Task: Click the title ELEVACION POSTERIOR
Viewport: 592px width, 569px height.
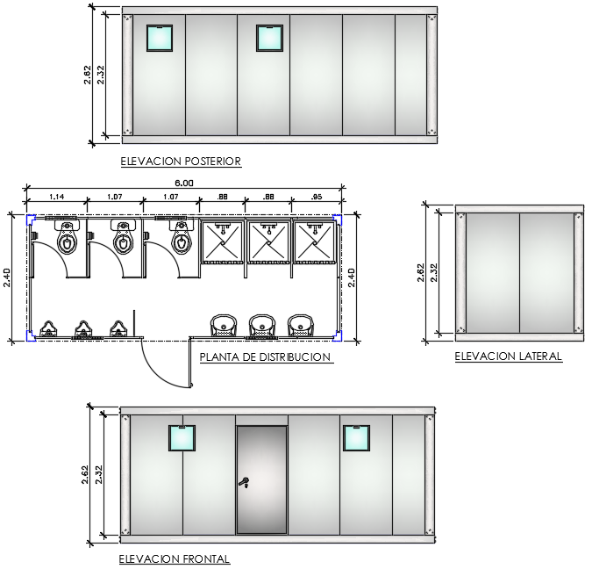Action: [x=181, y=162]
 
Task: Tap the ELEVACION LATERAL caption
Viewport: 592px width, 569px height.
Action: [x=509, y=357]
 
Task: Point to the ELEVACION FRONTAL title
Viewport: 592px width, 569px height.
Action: [x=175, y=558]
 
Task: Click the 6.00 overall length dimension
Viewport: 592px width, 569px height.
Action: [x=184, y=184]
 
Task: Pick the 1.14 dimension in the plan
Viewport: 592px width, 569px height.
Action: [x=57, y=197]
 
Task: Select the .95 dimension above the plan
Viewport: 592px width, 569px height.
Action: [x=317, y=197]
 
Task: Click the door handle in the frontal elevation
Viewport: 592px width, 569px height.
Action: [x=244, y=482]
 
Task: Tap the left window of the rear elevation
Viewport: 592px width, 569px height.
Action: [x=160, y=38]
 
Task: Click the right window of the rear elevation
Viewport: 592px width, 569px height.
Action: [x=269, y=38]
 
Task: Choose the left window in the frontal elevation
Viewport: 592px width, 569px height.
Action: [x=182, y=438]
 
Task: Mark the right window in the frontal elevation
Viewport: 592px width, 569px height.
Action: [x=356, y=438]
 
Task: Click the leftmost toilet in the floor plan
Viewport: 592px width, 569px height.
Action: [x=68, y=237]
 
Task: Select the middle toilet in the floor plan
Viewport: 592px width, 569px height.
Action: [x=124, y=237]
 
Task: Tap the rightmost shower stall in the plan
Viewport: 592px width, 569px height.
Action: [x=315, y=242]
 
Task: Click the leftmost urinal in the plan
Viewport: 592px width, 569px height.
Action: [x=48, y=328]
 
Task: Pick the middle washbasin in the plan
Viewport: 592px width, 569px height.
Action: [x=262, y=325]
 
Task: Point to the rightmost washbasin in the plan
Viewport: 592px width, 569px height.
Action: [x=301, y=325]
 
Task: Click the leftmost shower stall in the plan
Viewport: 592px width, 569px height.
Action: [x=223, y=242]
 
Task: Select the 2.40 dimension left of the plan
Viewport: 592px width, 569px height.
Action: [x=7, y=277]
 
